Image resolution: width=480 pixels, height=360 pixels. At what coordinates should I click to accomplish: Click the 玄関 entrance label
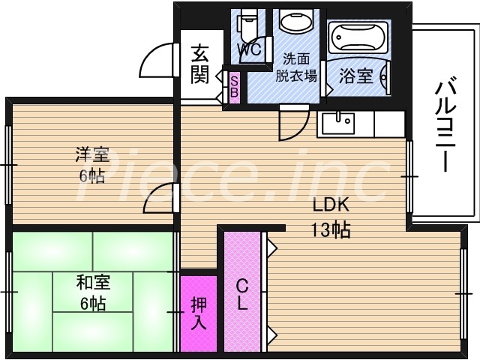[199, 64]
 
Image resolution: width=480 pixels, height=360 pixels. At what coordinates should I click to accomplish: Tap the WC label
[248, 50]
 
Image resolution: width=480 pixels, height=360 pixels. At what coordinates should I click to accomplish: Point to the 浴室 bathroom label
[355, 76]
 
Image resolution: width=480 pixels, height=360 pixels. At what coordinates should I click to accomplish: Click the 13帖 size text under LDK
[331, 230]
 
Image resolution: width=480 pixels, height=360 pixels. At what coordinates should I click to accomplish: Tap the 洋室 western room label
[91, 155]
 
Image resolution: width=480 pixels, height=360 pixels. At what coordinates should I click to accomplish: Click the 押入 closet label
[198, 313]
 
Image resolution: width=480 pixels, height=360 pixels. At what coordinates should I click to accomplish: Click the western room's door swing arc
[160, 198]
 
